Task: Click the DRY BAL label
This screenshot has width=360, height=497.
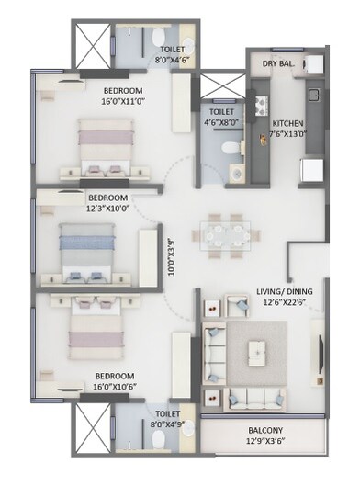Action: [x=279, y=64]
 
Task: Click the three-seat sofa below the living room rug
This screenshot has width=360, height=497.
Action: [x=259, y=398]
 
